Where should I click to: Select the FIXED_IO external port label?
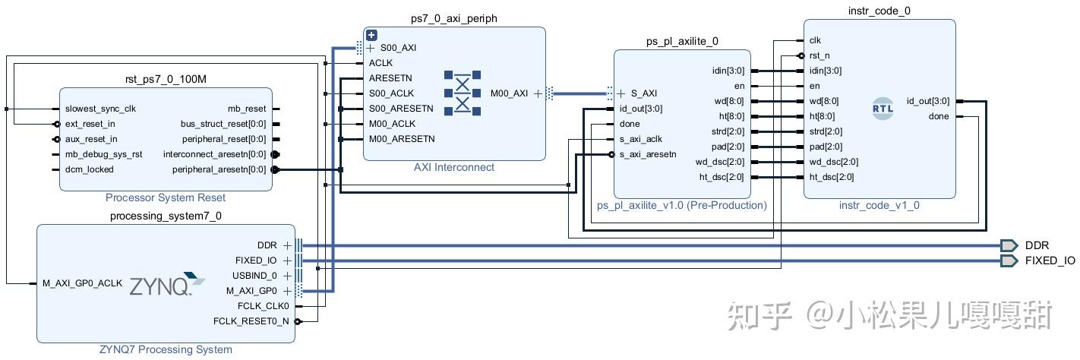pyautogui.click(x=1050, y=261)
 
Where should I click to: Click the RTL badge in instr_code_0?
pyautogui.click(x=883, y=109)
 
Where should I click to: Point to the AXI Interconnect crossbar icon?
pyautogui.click(x=463, y=93)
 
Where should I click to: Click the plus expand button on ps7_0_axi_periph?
pyautogui.click(x=371, y=35)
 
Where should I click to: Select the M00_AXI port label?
pyautogui.click(x=509, y=93)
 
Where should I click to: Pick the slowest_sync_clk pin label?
pyautogui.click(x=100, y=109)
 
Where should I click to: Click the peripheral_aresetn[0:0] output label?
pyautogui.click(x=219, y=169)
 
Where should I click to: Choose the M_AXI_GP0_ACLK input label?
pyautogui.click(x=82, y=283)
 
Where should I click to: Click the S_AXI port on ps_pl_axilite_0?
pyautogui.click(x=642, y=93)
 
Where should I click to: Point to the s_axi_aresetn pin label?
pyautogui.click(x=647, y=154)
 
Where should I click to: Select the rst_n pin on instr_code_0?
pyautogui.click(x=819, y=55)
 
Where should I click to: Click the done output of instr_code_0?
pyautogui.click(x=938, y=116)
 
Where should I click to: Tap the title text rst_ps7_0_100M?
pyautogui.click(x=166, y=79)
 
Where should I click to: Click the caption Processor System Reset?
pyautogui.click(x=166, y=197)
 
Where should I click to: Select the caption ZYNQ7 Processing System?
pyautogui.click(x=166, y=349)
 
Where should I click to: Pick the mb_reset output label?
pyautogui.click(x=247, y=109)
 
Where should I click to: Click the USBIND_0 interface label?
pyautogui.click(x=256, y=276)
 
